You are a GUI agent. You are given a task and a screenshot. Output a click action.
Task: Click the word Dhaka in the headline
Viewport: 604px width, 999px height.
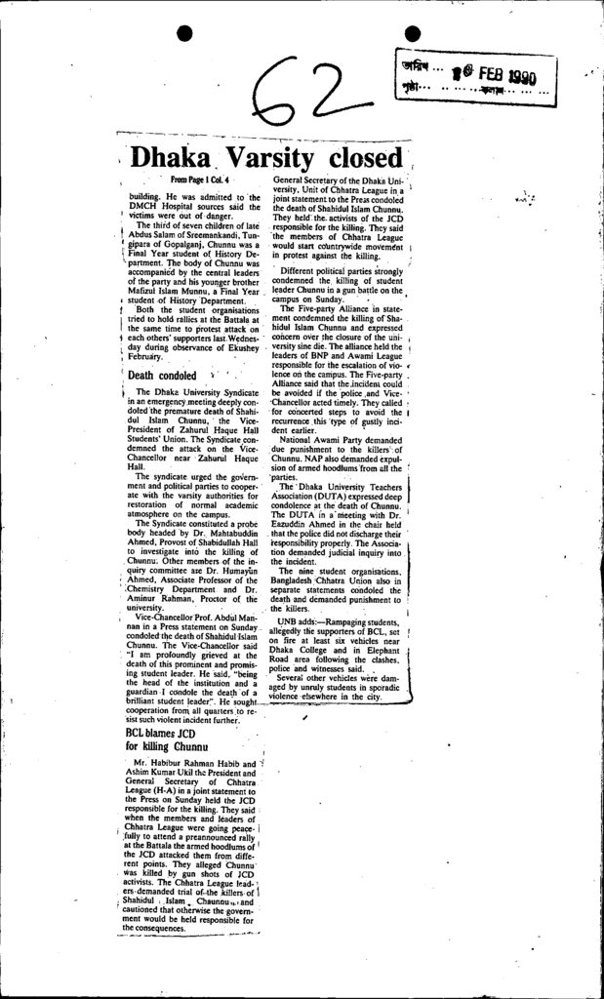(171, 157)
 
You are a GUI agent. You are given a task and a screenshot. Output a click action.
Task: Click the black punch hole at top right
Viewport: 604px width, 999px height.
(411, 34)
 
